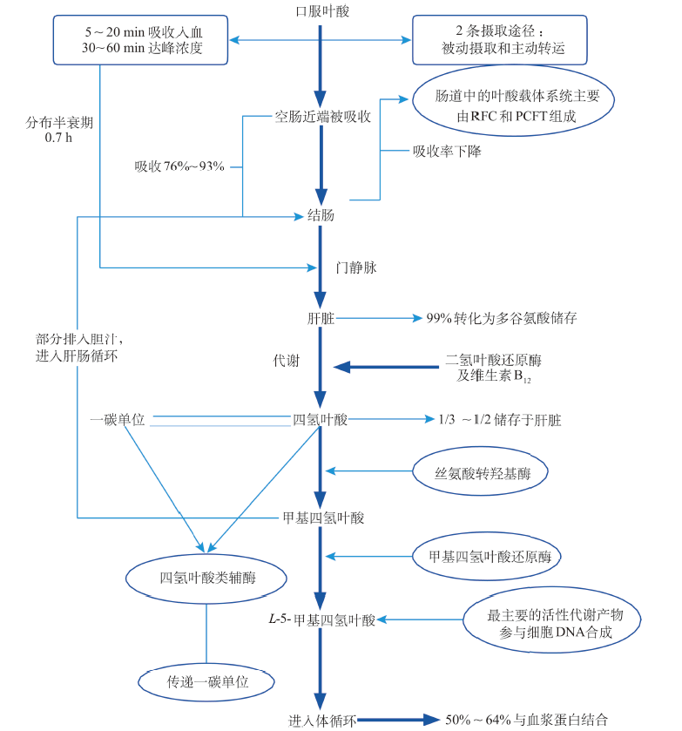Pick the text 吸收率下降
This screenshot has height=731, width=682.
click(446, 150)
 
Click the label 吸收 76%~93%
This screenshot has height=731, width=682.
click(179, 166)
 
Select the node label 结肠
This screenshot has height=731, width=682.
click(321, 215)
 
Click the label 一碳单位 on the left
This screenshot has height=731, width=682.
click(118, 419)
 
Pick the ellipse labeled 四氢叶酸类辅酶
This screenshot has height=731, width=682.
click(208, 578)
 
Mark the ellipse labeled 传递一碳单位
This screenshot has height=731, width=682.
click(208, 682)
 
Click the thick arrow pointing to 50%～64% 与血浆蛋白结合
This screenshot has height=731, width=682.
click(396, 720)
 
